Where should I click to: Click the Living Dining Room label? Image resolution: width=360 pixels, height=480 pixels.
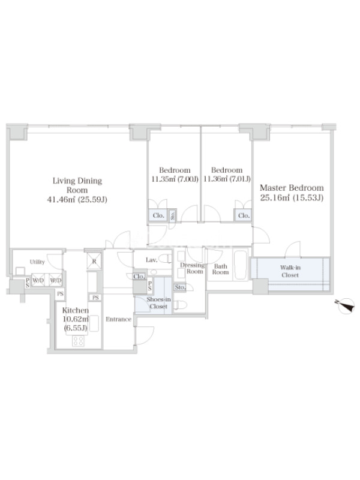click(77, 185)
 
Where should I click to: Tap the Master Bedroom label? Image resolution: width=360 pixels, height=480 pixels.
click(292, 188)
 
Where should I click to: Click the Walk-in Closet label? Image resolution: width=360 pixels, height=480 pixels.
click(290, 271)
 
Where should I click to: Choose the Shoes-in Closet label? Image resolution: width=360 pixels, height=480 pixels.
click(158, 303)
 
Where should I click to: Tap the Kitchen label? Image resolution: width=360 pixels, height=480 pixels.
click(76, 310)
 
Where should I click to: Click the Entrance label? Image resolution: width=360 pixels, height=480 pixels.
click(118, 319)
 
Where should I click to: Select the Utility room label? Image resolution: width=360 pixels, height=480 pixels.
click(37, 262)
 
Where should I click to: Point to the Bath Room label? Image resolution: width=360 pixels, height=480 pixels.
click(220, 269)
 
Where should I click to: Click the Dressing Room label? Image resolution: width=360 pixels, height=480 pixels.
click(192, 268)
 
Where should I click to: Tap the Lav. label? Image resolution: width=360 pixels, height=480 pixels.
click(152, 260)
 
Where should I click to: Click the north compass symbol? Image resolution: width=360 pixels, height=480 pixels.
click(347, 306)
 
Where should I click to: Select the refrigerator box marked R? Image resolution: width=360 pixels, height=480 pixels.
click(94, 261)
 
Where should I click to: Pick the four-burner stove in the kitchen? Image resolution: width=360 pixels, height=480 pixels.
click(78, 341)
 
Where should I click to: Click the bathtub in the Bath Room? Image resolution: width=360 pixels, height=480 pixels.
click(241, 265)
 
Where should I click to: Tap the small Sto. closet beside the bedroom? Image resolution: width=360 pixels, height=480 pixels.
click(172, 215)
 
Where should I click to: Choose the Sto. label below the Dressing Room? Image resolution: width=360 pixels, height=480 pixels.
click(180, 287)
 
